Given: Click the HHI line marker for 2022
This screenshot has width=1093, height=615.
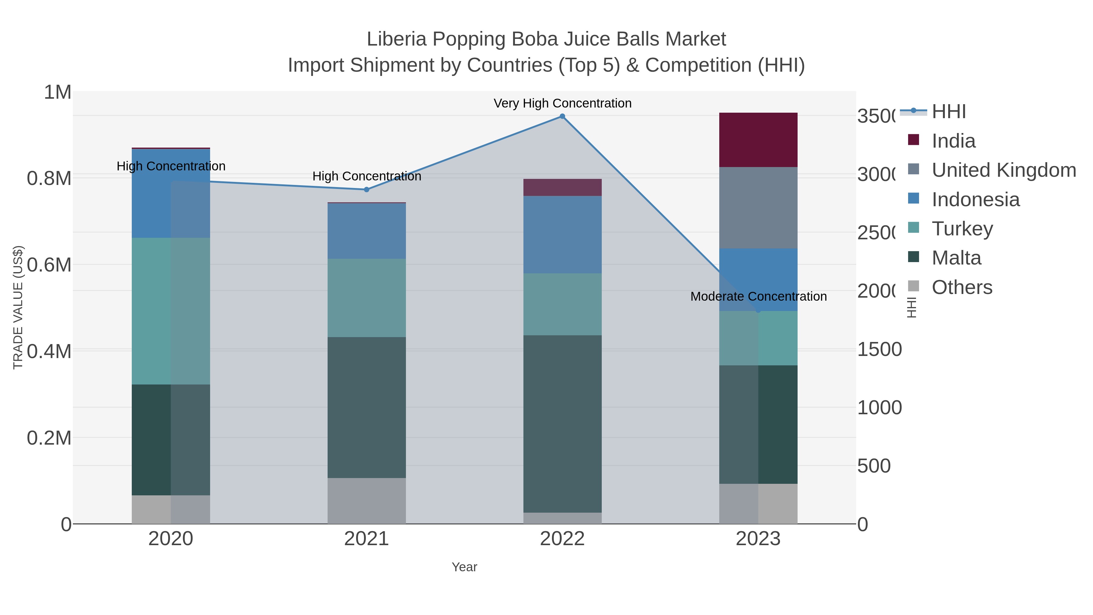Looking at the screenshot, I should pos(562,116).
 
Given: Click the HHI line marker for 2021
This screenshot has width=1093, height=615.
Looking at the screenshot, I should pos(366,190).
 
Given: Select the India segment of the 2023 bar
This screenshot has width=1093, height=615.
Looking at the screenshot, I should pos(758,140).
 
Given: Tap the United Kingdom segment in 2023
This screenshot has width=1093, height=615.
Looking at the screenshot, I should pos(758,208).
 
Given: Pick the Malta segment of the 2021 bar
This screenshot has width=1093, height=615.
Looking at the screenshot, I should pos(366,408).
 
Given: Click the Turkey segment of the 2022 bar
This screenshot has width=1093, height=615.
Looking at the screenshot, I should pos(562,304).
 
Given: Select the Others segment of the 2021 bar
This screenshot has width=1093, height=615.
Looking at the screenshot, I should pos(366,501).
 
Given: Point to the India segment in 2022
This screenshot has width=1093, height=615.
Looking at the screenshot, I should pos(562,187).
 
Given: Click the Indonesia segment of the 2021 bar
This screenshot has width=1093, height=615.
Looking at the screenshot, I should pos(366,231).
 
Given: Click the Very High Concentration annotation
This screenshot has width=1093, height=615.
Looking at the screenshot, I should pos(562,103).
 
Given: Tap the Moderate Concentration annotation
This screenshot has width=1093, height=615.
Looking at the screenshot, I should pos(758,296).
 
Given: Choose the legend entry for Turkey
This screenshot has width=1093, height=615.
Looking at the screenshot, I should pos(962,229).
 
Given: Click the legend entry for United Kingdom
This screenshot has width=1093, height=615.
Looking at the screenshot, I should pos(1003,170).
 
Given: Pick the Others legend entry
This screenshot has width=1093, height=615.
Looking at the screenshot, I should pos(962,287).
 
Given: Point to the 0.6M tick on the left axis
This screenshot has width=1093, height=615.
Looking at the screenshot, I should pos(49,265).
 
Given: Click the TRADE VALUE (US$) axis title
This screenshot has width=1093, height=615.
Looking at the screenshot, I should pos(18,307).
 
